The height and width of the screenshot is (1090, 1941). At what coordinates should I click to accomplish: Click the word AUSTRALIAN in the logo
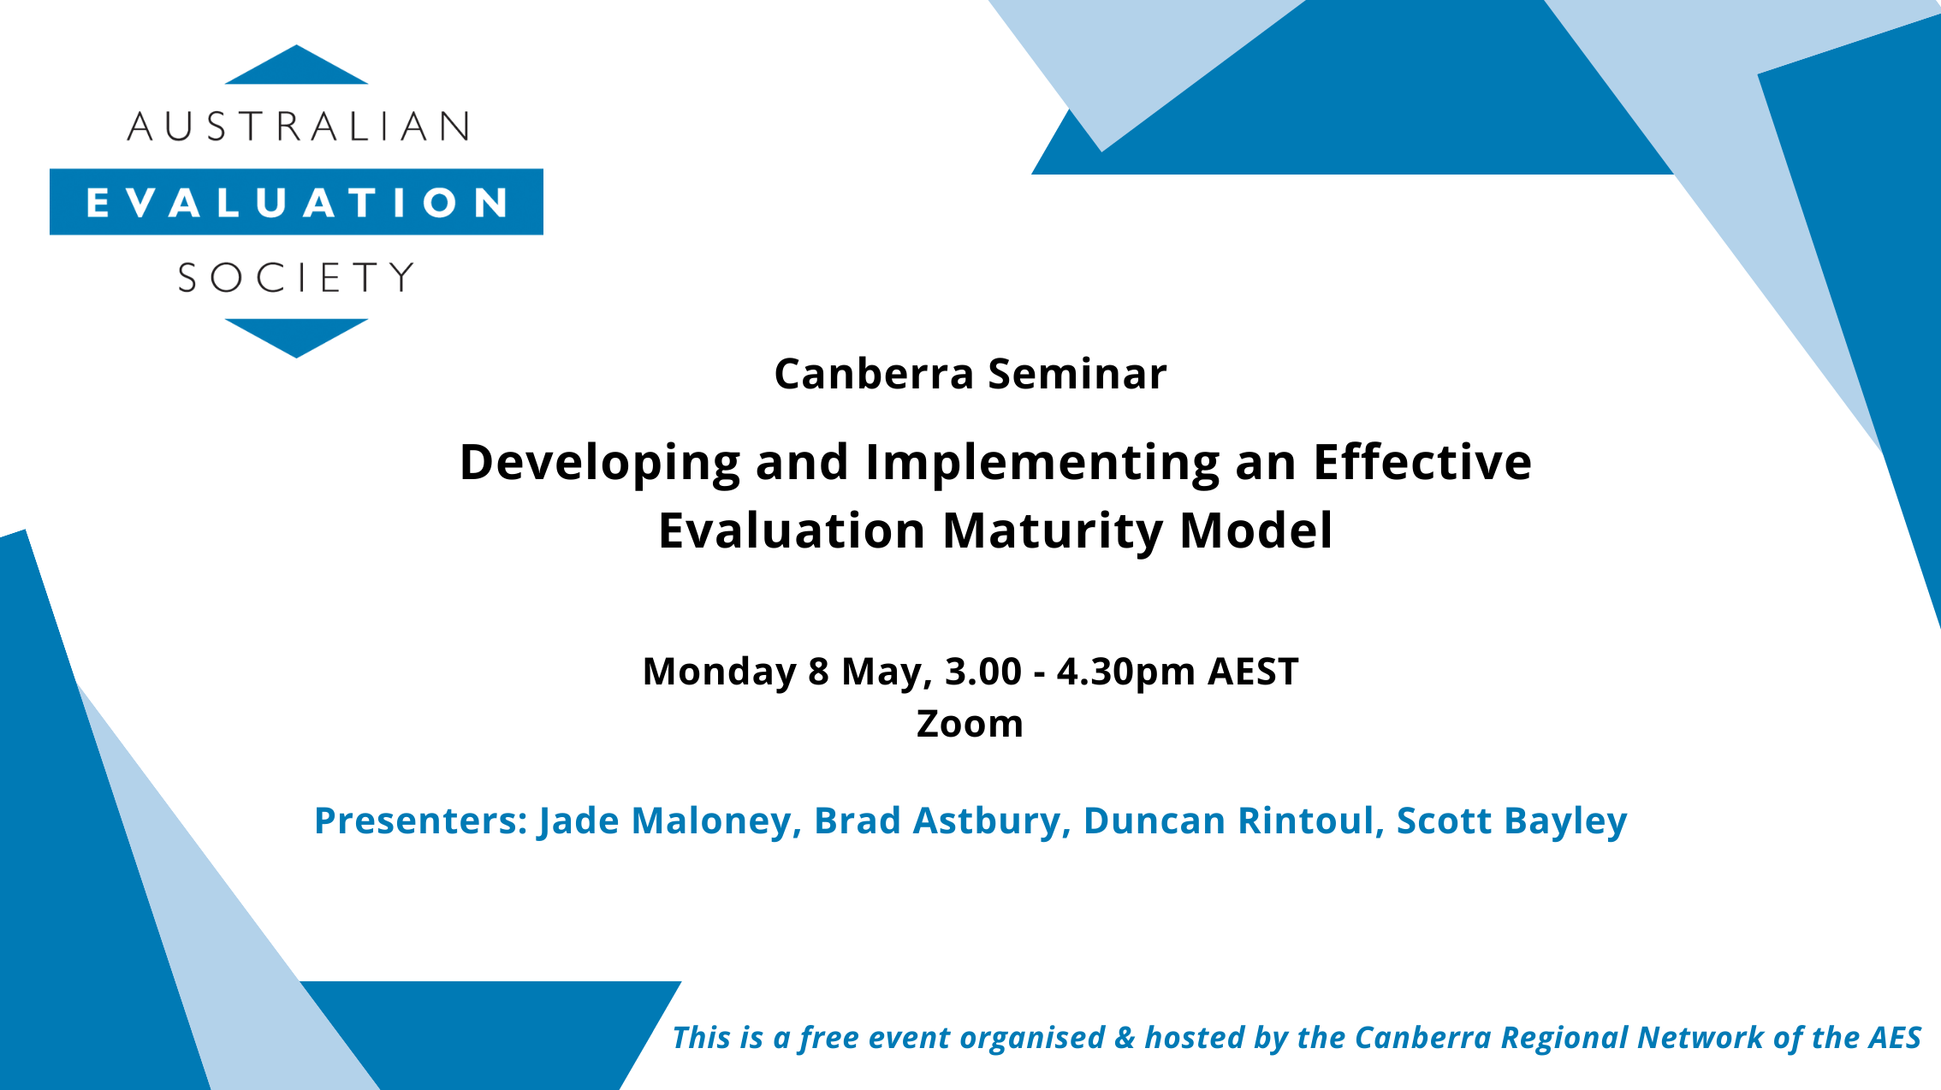pyautogui.click(x=297, y=127)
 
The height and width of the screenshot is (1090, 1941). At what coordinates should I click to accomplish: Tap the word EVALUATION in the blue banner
pyautogui.click(x=296, y=203)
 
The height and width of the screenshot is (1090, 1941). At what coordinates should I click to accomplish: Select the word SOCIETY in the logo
pyautogui.click(x=296, y=278)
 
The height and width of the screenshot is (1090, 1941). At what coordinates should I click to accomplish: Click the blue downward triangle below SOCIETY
pyautogui.click(x=296, y=335)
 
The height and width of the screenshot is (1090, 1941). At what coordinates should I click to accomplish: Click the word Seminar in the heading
pyautogui.click(x=1077, y=374)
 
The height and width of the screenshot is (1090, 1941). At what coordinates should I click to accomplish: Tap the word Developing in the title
pyautogui.click(x=600, y=463)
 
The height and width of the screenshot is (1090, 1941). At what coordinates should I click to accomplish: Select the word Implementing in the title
pyautogui.click(x=1042, y=463)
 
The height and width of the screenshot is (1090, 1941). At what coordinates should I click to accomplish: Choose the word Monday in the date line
pyautogui.click(x=719, y=672)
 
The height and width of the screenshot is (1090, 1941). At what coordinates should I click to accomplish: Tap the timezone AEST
pyautogui.click(x=1253, y=672)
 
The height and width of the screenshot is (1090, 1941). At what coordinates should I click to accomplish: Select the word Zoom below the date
pyautogui.click(x=970, y=724)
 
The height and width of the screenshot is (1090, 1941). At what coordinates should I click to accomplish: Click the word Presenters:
pyautogui.click(x=421, y=820)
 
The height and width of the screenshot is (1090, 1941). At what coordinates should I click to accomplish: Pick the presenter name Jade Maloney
pyautogui.click(x=664, y=820)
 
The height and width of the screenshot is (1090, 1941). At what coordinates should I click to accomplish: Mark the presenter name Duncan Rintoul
pyautogui.click(x=1228, y=820)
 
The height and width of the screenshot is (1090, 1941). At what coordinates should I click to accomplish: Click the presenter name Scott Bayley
pyautogui.click(x=1511, y=820)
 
